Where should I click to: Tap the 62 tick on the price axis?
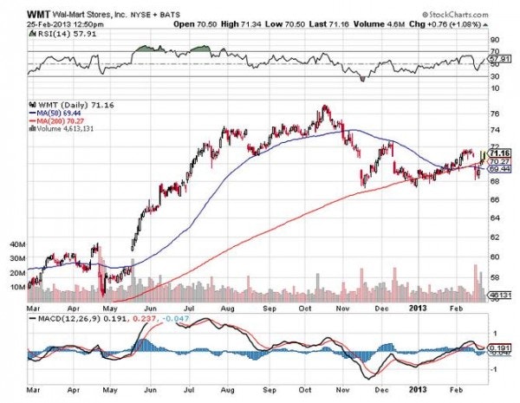tap(496, 237)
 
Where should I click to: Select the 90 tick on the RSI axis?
tap(496, 39)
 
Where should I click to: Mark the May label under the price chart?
tap(108, 305)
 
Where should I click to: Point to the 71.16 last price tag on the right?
tap(500, 153)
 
